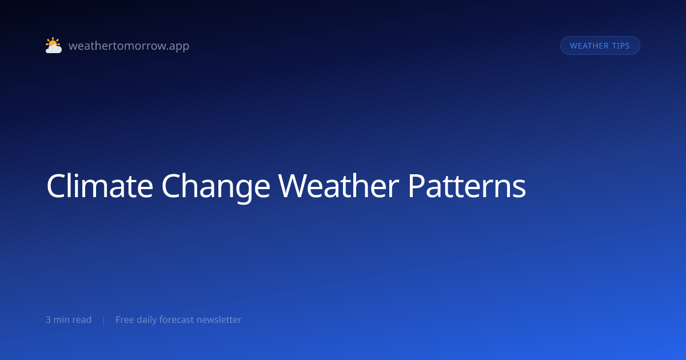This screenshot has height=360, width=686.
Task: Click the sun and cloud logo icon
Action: pyautogui.click(x=54, y=45)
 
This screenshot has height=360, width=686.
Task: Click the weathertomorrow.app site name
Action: pyautogui.click(x=129, y=46)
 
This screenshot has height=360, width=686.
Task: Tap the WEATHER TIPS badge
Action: pyautogui.click(x=600, y=46)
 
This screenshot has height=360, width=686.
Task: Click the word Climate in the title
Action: pyautogui.click(x=99, y=186)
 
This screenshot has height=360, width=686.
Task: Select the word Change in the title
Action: pyautogui.click(x=216, y=187)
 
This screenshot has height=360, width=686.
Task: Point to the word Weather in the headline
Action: pyautogui.click(x=338, y=186)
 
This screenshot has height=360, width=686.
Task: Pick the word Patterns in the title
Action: pyautogui.click(x=466, y=186)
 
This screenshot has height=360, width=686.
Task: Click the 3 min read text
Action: pyautogui.click(x=69, y=319)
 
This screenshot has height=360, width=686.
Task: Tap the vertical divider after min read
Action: pyautogui.click(x=104, y=320)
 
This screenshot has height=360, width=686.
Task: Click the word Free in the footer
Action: pyautogui.click(x=125, y=319)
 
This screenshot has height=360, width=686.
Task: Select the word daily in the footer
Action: pyautogui.click(x=147, y=320)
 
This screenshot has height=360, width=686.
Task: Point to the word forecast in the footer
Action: pyautogui.click(x=177, y=319)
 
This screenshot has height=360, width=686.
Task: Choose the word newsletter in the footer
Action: pyautogui.click(x=219, y=319)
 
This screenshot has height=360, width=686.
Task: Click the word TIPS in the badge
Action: pyautogui.click(x=621, y=46)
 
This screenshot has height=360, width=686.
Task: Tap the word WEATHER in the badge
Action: pyautogui.click(x=589, y=46)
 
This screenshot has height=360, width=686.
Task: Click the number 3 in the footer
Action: pyautogui.click(x=48, y=320)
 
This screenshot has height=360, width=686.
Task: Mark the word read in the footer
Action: pyautogui.click(x=81, y=319)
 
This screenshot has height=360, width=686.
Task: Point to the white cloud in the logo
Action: pyautogui.click(x=54, y=49)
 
